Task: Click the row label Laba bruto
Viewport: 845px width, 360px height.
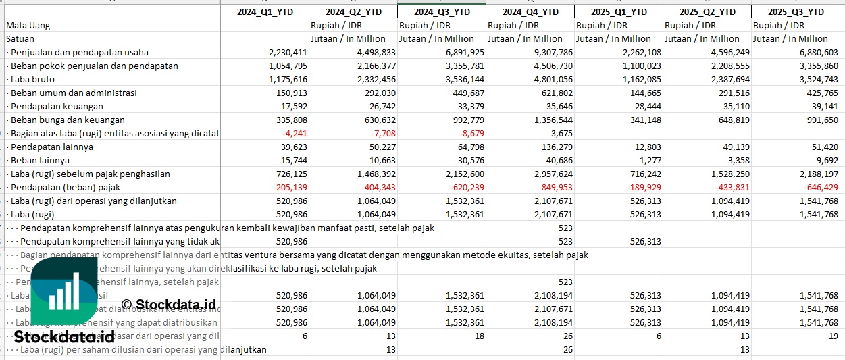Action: tap(33, 79)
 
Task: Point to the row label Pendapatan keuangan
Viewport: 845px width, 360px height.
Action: tap(57, 106)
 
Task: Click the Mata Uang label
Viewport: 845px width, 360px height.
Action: tap(28, 26)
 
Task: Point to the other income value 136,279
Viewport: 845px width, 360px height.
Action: tap(553, 147)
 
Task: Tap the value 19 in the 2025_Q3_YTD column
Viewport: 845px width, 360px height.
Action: tap(832, 336)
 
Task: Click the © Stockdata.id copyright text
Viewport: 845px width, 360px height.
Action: tap(169, 305)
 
